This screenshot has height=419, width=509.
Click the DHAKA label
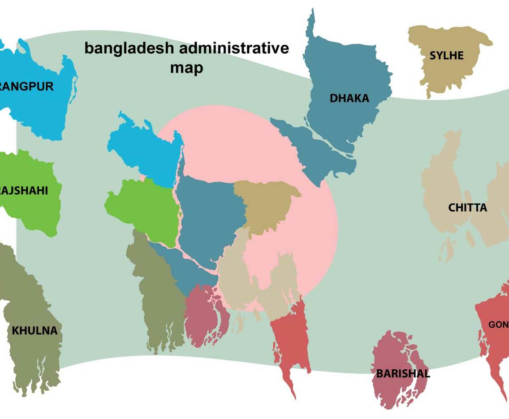[x=349, y=98]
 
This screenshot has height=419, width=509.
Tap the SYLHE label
[x=446, y=56]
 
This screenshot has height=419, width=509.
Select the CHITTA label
[x=467, y=208]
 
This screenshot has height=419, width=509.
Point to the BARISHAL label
[x=403, y=374]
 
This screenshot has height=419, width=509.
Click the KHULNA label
[x=35, y=331]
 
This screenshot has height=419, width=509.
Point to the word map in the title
[x=186, y=68]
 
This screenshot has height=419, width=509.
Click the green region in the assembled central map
[x=143, y=208]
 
